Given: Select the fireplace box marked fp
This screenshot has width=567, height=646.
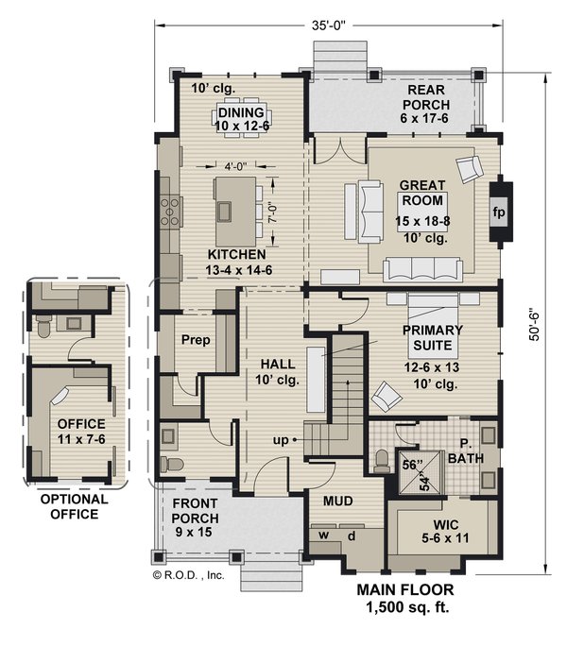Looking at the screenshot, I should pos(498,212).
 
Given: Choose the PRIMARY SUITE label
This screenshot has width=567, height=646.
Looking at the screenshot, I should pos(433,337).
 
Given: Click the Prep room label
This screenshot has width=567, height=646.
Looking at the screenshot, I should pos(195,341).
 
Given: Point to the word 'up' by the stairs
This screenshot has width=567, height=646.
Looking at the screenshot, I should pos(282,439).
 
